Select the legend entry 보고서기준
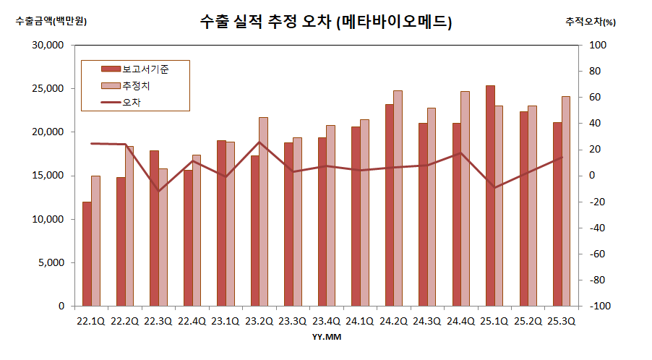coord(145,69)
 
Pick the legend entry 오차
coord(132,103)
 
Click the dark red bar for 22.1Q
coord(87,254)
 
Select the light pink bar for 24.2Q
coord(398,198)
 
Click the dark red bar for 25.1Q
coord(490,195)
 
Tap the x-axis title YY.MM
coord(326,337)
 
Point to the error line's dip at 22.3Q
coord(158,191)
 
